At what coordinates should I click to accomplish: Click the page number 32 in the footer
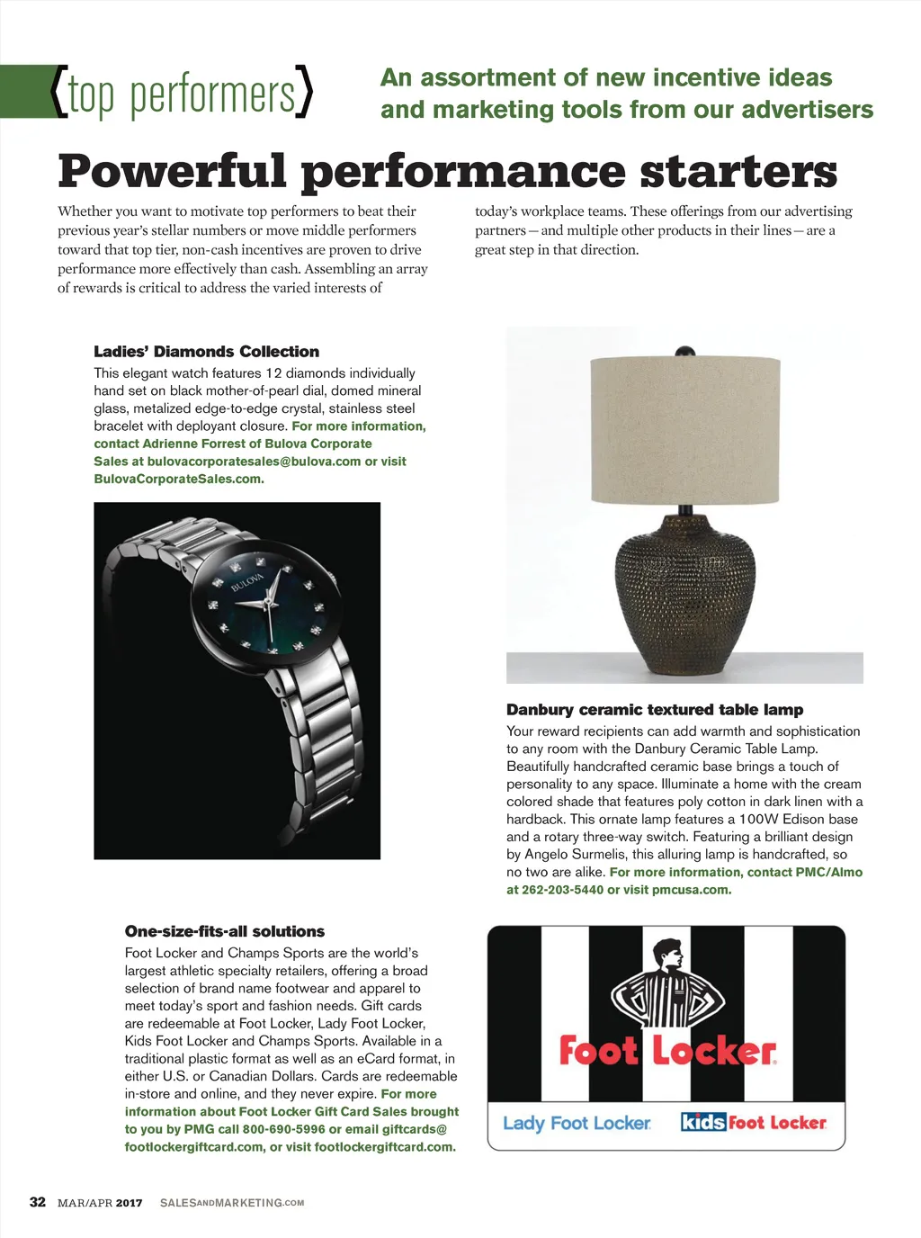[38, 1202]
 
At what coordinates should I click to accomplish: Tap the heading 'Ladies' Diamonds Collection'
[206, 352]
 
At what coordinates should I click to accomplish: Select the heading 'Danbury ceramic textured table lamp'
[655, 710]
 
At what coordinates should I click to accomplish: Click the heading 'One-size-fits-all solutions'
[225, 931]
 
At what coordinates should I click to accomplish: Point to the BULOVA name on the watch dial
[247, 582]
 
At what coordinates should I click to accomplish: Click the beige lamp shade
[684, 430]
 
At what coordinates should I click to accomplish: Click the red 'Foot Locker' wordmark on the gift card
[667, 1051]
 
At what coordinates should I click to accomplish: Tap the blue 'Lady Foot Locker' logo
[577, 1123]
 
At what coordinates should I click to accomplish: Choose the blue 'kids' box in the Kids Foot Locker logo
[703, 1122]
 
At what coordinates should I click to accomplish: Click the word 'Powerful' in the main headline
[173, 171]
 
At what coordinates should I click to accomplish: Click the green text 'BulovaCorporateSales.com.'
[179, 479]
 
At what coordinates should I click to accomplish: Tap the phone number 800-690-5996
[284, 1129]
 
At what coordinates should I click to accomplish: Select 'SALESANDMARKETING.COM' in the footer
[232, 1203]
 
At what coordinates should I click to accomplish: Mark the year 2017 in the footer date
[129, 1203]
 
